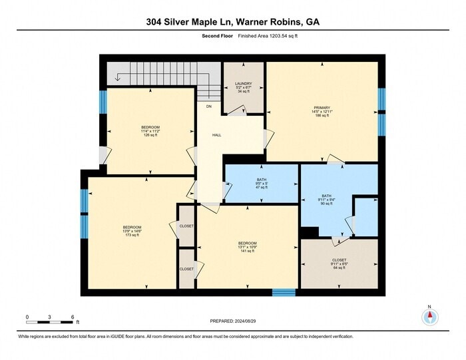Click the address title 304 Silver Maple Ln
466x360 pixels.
pos(232,21)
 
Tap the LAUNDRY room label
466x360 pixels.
pos(244,87)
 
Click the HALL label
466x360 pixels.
pos(216,135)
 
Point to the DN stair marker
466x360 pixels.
pos(208,106)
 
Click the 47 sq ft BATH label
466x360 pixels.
pos(261,184)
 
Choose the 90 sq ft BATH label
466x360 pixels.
pos(326,200)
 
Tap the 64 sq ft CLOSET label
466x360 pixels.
pos(339,264)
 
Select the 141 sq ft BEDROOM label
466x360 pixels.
pos(247,247)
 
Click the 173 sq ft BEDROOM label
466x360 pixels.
pos(132,231)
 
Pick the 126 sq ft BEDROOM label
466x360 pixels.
pos(150,130)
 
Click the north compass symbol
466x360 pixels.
pos(429,317)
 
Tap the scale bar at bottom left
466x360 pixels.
pos(49,323)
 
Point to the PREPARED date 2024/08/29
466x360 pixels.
pos(232,322)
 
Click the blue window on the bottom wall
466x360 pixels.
pos(284,292)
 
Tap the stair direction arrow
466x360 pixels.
pos(118,77)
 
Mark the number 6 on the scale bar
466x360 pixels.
pos(71,317)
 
